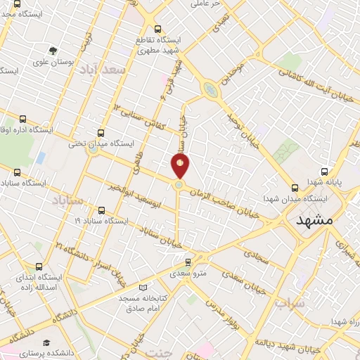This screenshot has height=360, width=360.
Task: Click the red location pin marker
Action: point(181,166)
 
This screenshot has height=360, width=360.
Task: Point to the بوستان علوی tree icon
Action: point(53,51)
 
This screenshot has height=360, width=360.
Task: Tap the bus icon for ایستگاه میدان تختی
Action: point(101,132)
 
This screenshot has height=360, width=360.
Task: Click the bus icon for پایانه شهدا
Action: point(324,171)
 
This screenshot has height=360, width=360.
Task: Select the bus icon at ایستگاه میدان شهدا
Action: point(295,187)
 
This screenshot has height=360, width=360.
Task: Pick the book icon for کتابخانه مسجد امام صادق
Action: point(143,288)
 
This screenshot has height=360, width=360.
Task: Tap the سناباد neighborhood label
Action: point(68,201)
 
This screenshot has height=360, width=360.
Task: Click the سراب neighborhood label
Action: point(288,304)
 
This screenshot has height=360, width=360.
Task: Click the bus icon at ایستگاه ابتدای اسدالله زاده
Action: point(38,266)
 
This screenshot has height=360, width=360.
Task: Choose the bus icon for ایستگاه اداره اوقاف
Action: point(23,120)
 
